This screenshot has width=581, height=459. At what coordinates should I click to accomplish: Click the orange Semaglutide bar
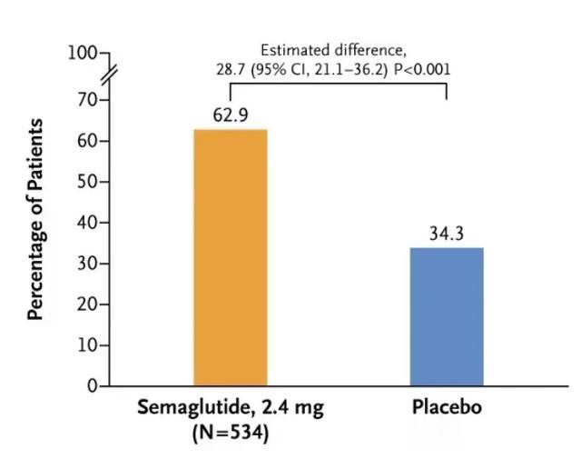[230, 258]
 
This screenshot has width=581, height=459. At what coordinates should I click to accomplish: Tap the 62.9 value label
[231, 116]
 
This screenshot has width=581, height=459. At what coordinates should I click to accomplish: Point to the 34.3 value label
[446, 234]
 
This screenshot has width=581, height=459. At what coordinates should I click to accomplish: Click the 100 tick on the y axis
[82, 53]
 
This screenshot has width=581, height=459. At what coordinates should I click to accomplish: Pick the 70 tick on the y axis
[86, 100]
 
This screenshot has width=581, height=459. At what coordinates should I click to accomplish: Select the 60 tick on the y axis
[86, 141]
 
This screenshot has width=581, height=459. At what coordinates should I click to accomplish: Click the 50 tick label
[86, 182]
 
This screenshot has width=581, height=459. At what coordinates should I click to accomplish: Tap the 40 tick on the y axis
[86, 223]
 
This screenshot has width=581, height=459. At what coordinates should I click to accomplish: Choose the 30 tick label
[86, 264]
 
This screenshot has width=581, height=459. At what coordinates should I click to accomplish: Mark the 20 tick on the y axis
[86, 304]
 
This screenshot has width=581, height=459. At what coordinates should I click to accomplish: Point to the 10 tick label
[86, 345]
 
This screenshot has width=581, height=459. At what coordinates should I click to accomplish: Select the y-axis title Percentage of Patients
[36, 218]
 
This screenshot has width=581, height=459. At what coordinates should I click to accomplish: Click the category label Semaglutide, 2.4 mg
[230, 407]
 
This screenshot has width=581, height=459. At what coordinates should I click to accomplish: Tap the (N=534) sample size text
[231, 434]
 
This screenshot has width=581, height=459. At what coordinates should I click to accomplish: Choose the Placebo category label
[446, 407]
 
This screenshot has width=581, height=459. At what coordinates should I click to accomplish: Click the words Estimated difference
[333, 50]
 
